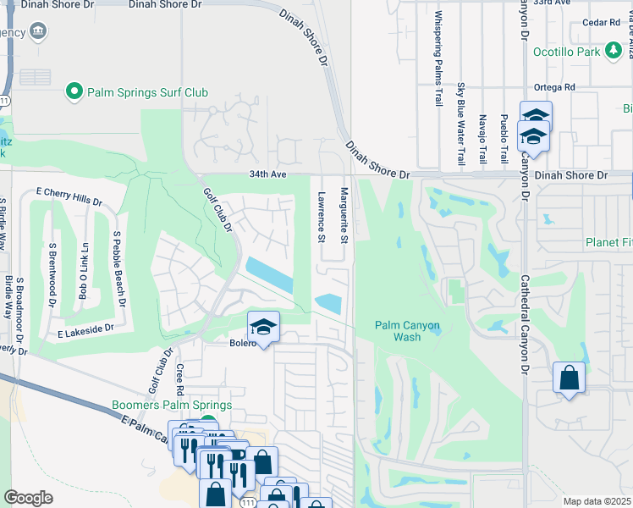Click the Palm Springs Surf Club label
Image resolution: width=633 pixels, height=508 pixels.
click(146, 91)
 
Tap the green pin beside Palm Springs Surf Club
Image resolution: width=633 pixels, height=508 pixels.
click(74, 91)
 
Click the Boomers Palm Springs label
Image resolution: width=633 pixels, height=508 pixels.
click(172, 405)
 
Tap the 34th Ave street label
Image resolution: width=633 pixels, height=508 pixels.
click(268, 174)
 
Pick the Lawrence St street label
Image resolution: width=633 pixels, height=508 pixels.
click(322, 217)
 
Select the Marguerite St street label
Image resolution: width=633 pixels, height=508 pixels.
click(344, 216)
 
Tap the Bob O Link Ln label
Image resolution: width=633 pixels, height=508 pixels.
click(83, 270)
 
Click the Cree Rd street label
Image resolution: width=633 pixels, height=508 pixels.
click(180, 380)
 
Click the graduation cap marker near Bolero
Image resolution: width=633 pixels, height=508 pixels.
click(264, 327)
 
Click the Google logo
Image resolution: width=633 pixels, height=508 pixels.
click(29, 498)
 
